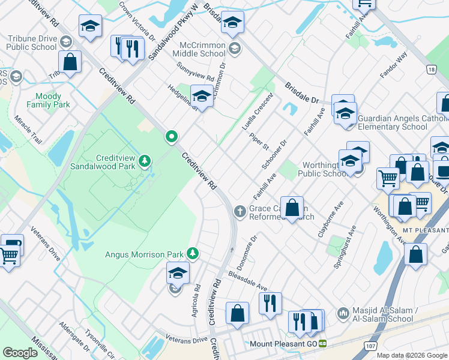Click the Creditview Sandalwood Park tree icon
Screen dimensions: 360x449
[145, 160]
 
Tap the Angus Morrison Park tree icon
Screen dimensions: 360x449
[192, 254]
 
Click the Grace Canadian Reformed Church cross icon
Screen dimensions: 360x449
[240, 211]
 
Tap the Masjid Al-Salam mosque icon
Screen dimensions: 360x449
[343, 313]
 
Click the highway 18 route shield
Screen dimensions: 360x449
[431, 70]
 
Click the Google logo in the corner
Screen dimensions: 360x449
[20, 352]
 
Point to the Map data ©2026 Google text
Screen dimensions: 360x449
[412, 355]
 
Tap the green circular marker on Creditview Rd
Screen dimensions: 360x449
[172, 137]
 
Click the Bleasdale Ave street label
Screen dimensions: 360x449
[247, 281]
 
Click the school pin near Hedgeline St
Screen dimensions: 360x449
[202, 96]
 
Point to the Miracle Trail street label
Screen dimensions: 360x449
[28, 130]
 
